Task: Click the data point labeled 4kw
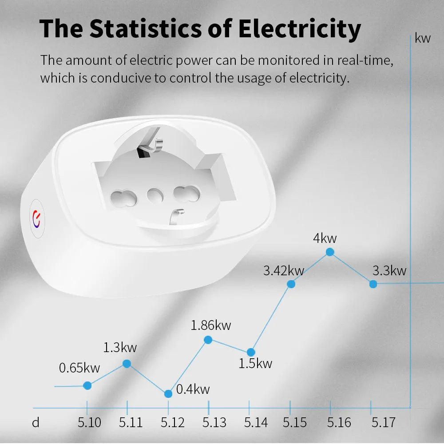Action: click(x=330, y=252)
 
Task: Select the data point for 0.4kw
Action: click(x=168, y=394)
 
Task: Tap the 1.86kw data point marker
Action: click(x=208, y=340)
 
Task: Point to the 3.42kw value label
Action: click(x=284, y=270)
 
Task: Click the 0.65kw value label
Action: click(x=79, y=368)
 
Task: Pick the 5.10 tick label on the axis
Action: click(x=89, y=422)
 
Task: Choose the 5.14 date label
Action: click(x=256, y=422)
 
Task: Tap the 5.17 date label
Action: click(x=383, y=422)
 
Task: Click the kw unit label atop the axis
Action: click(x=423, y=38)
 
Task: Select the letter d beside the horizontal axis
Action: click(x=36, y=422)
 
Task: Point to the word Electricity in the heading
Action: click(x=300, y=28)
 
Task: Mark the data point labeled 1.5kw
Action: click(x=250, y=352)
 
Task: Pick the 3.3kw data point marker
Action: click(x=373, y=284)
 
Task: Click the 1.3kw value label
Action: click(x=120, y=347)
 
